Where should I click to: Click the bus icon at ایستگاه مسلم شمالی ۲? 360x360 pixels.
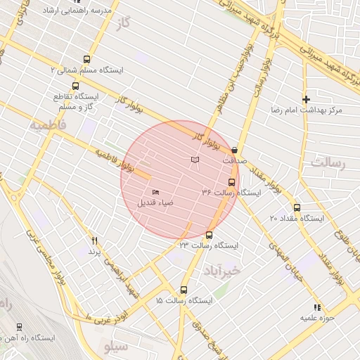(x=86, y=60)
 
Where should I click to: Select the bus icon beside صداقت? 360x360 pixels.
(x=234, y=150)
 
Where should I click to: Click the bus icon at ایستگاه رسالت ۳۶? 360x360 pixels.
(x=232, y=182)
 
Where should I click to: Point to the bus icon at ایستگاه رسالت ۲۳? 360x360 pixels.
(x=209, y=235)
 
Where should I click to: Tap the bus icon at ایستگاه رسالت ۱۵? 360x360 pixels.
(x=184, y=290)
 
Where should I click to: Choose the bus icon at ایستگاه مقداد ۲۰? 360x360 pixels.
(x=297, y=208)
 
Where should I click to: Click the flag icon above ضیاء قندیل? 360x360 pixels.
(x=156, y=192)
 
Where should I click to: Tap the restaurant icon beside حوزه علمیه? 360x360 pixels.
(x=317, y=307)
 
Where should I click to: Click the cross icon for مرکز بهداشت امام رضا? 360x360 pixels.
(x=306, y=100)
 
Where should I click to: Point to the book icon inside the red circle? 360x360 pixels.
(x=195, y=161)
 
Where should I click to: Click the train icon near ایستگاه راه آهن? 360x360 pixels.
(x=19, y=327)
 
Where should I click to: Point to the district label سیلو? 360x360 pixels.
(x=117, y=346)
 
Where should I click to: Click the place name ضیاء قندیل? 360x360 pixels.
(x=156, y=203)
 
